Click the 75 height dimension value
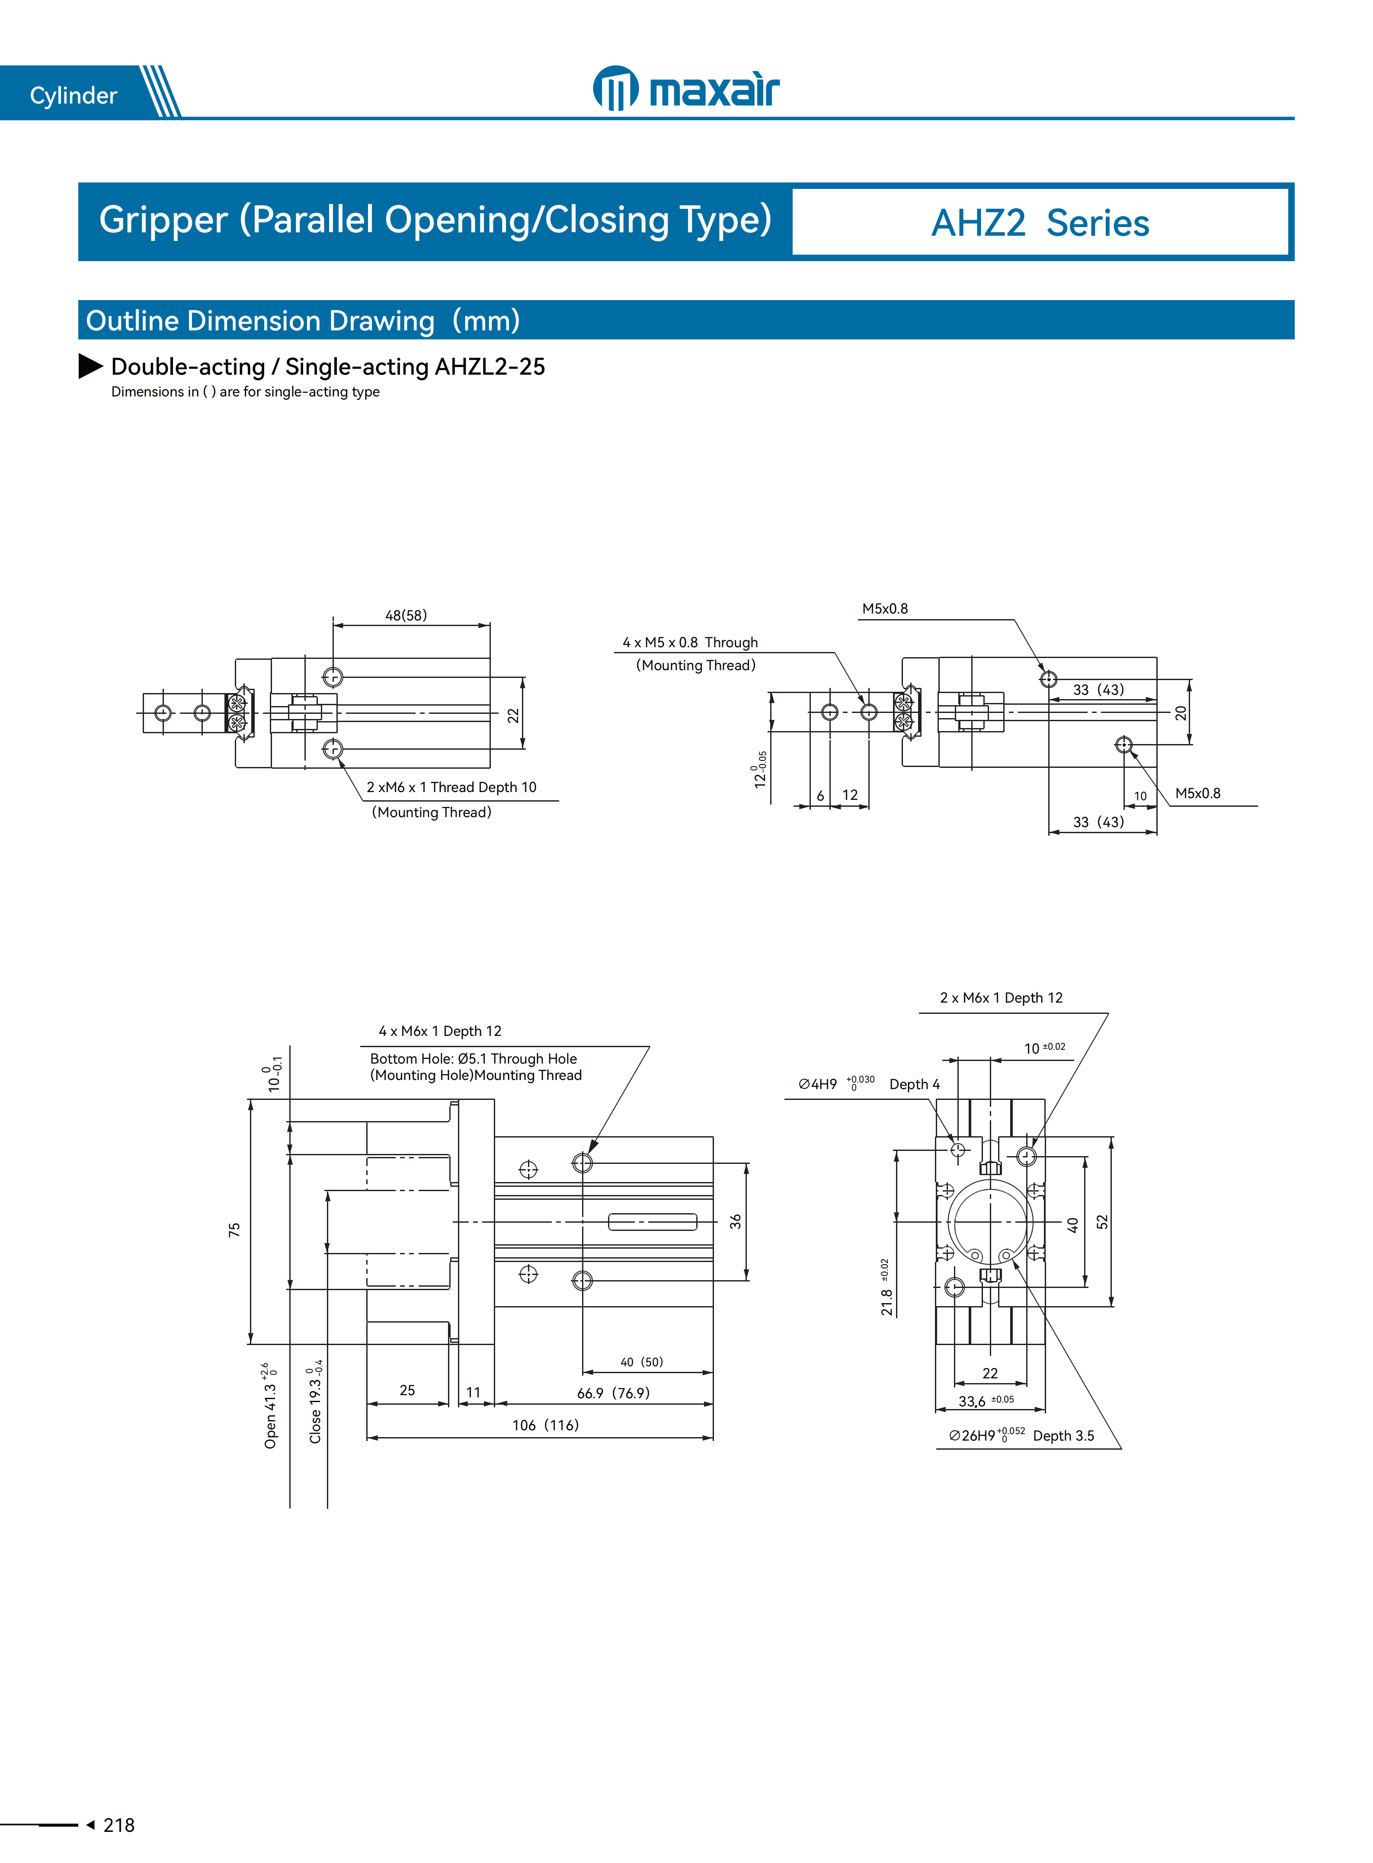point(234,1230)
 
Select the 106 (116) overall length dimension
point(545,1425)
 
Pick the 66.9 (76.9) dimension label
point(613,1393)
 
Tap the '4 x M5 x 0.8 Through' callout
point(690,642)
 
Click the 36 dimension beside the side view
point(736,1221)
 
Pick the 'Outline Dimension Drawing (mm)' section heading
point(303,321)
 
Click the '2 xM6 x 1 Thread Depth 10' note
point(451,787)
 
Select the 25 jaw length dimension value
point(407,1390)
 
